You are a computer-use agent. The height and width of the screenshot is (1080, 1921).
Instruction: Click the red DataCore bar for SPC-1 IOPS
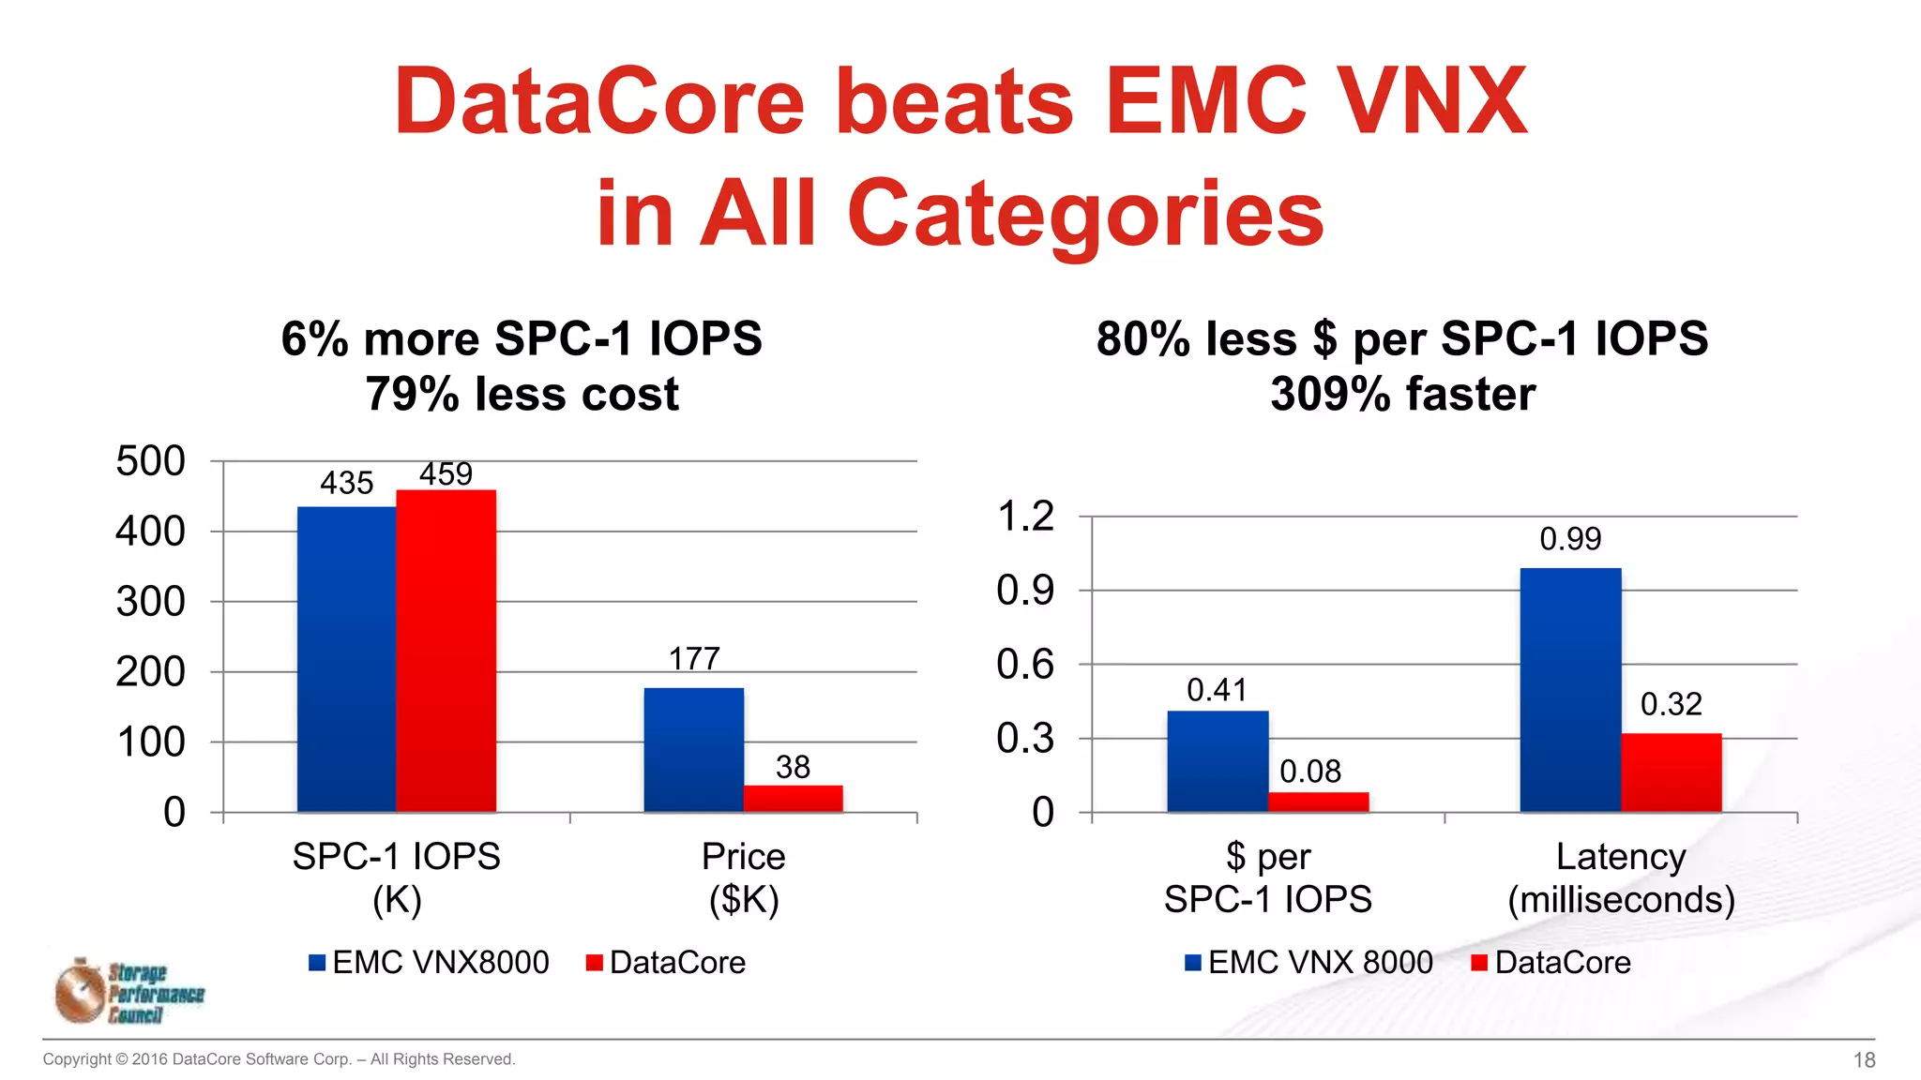[446, 651]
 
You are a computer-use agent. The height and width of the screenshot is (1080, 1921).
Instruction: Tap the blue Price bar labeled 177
[693, 750]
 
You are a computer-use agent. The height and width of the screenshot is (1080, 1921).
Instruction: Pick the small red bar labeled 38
[793, 799]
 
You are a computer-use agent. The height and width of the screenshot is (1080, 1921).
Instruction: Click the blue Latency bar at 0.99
[1570, 690]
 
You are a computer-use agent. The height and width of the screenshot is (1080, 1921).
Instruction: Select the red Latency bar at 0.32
[1671, 772]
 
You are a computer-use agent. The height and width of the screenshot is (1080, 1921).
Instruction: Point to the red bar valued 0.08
[1318, 802]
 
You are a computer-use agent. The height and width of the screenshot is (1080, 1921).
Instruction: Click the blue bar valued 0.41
[1218, 761]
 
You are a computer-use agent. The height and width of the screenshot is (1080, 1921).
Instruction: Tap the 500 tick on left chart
[150, 461]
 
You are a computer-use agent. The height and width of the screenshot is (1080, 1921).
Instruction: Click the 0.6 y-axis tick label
[1025, 665]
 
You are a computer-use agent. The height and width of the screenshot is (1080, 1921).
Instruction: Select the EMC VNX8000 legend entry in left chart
[430, 963]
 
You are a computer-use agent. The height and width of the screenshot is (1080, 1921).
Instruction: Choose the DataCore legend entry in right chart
[1551, 963]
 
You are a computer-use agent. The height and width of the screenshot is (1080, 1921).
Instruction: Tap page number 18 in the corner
[1864, 1060]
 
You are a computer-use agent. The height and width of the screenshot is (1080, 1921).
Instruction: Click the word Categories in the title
[1084, 214]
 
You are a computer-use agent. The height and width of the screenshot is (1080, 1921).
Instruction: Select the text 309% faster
[1402, 394]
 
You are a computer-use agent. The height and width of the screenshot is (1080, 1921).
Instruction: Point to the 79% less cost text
[522, 394]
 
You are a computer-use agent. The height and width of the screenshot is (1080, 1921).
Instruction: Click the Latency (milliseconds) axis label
[1621, 877]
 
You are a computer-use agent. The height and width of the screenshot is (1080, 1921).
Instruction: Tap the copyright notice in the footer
[279, 1059]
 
